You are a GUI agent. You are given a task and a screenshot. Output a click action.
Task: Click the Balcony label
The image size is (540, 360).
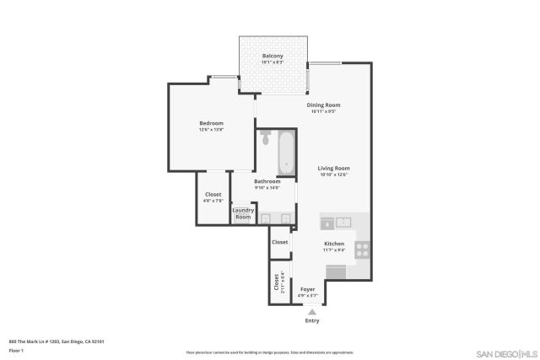click(x=272, y=56)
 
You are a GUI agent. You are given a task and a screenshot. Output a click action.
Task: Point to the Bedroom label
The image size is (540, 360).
click(x=211, y=123)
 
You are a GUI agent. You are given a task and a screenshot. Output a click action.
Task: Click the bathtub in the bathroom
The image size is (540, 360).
click(x=287, y=153)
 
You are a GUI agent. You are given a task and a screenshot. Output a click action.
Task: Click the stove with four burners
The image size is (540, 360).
click(x=362, y=250)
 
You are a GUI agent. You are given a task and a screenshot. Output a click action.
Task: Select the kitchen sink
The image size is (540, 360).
click(x=343, y=223)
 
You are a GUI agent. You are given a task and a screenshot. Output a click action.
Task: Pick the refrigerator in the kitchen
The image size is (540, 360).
click(x=335, y=271)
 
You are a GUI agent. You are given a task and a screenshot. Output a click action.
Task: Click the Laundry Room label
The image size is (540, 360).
click(x=242, y=214)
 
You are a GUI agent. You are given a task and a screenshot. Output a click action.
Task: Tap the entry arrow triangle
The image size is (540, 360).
click(x=312, y=312)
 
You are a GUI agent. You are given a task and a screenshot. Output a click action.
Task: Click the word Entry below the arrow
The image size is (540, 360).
click(x=312, y=321)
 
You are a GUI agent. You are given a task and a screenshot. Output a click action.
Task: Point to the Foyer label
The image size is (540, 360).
click(x=308, y=289)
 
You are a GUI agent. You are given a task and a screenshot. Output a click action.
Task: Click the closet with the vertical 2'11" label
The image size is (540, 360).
click(x=276, y=282)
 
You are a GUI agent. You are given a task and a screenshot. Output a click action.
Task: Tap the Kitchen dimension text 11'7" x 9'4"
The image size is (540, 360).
click(x=334, y=250)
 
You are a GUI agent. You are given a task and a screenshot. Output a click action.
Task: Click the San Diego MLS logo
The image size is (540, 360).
click(x=504, y=352)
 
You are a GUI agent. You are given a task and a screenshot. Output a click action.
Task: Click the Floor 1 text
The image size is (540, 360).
click(x=16, y=350)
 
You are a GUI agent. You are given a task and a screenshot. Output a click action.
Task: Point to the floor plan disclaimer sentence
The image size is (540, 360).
click(x=269, y=353)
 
